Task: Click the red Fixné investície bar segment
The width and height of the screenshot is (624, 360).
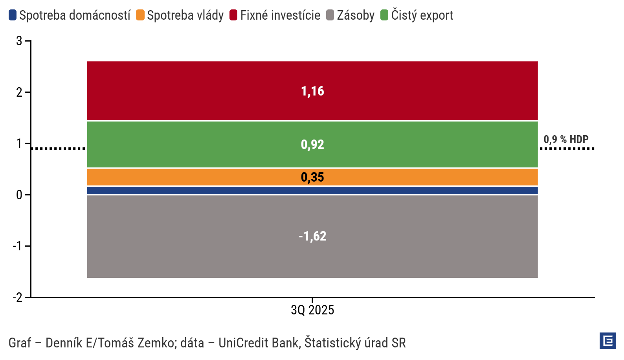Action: tap(196, 91)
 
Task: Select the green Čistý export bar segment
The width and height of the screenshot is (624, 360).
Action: tap(196, 144)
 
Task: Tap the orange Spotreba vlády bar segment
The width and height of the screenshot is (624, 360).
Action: tap(196, 177)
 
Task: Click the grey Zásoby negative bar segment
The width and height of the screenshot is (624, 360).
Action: tap(196, 236)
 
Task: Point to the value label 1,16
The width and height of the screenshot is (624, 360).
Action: tap(312, 91)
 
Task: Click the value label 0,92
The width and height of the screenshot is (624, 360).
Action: tap(312, 145)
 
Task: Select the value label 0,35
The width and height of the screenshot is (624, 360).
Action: tap(312, 177)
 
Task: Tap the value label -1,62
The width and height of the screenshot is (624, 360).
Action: tap(312, 236)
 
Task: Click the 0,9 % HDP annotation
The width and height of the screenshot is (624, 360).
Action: tap(566, 140)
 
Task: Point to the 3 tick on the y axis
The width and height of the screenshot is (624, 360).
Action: tap(19, 40)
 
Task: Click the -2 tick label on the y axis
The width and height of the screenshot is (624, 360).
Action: tap(17, 297)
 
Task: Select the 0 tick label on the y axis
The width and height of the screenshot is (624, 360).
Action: tap(19, 195)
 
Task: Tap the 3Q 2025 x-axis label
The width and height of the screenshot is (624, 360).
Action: tap(312, 310)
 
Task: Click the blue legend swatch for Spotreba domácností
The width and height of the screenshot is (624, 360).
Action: tap(13, 15)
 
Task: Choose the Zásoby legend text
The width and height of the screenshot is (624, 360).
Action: tap(356, 15)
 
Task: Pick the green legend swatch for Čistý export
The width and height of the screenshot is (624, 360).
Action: tap(384, 15)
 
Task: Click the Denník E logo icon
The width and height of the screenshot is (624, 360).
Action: tap(607, 341)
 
